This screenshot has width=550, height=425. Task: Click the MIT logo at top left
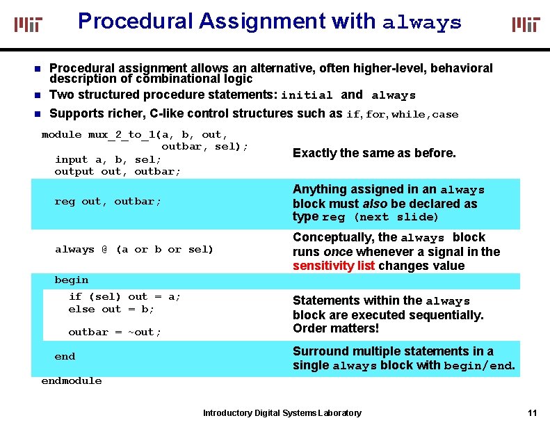pos(29,25)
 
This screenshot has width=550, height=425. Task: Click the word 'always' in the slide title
pos(422,22)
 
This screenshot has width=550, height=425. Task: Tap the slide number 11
pos(533,412)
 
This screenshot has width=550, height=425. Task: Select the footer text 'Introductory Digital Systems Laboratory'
pos(282,413)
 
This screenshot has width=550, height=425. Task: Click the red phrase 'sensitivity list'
pos(334,266)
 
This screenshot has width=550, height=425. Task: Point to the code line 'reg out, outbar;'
pos(108,202)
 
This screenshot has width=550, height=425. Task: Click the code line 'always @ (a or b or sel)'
pos(134,249)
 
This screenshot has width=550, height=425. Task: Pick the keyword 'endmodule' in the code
pos(72,380)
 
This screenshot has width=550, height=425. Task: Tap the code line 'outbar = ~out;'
pos(115,332)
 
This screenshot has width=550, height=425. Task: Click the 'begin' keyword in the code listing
pos(72,280)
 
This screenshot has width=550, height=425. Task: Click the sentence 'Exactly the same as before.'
pos(374,153)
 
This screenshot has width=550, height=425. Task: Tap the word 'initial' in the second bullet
pos(307,95)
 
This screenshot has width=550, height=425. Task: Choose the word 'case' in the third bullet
pos(445,115)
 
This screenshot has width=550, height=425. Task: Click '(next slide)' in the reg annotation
pos(396,218)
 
